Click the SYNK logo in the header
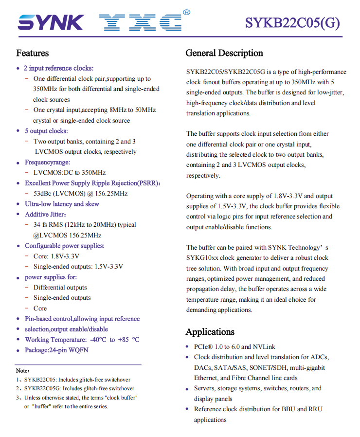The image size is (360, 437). point(51,22)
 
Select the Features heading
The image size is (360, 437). point(33,53)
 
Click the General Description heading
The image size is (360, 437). point(224,53)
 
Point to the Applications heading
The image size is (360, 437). point(210,332)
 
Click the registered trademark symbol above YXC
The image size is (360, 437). point(186,12)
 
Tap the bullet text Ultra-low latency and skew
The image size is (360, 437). point(62,204)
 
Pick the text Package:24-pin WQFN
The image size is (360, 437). point(56,350)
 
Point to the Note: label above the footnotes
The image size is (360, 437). point(23,371)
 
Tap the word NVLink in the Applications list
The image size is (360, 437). point(264,346)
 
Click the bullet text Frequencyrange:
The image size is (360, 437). point(47,162)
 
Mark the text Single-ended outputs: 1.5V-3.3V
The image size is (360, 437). point(78,266)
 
